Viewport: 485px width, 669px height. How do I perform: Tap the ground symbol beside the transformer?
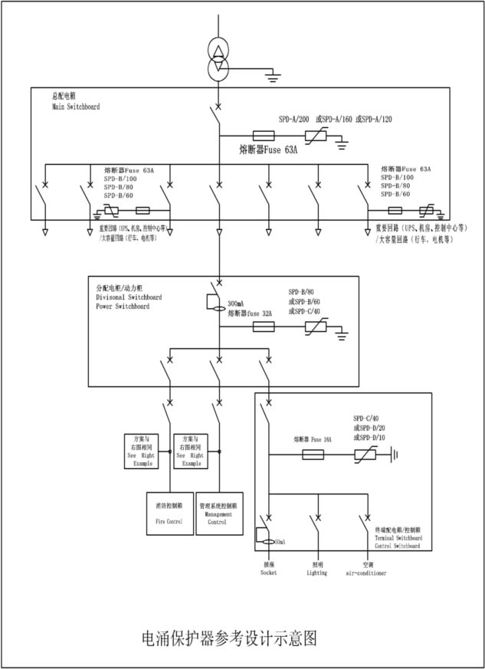(x=269, y=75)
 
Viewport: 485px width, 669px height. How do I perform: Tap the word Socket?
(x=268, y=572)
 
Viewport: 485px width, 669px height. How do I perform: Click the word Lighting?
(x=316, y=572)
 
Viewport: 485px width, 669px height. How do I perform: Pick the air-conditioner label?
(x=366, y=572)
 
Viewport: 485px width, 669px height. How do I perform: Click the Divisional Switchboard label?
(x=126, y=297)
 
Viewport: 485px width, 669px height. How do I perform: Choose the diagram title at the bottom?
(x=230, y=638)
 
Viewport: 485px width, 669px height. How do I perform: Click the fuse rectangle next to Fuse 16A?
(x=313, y=454)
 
